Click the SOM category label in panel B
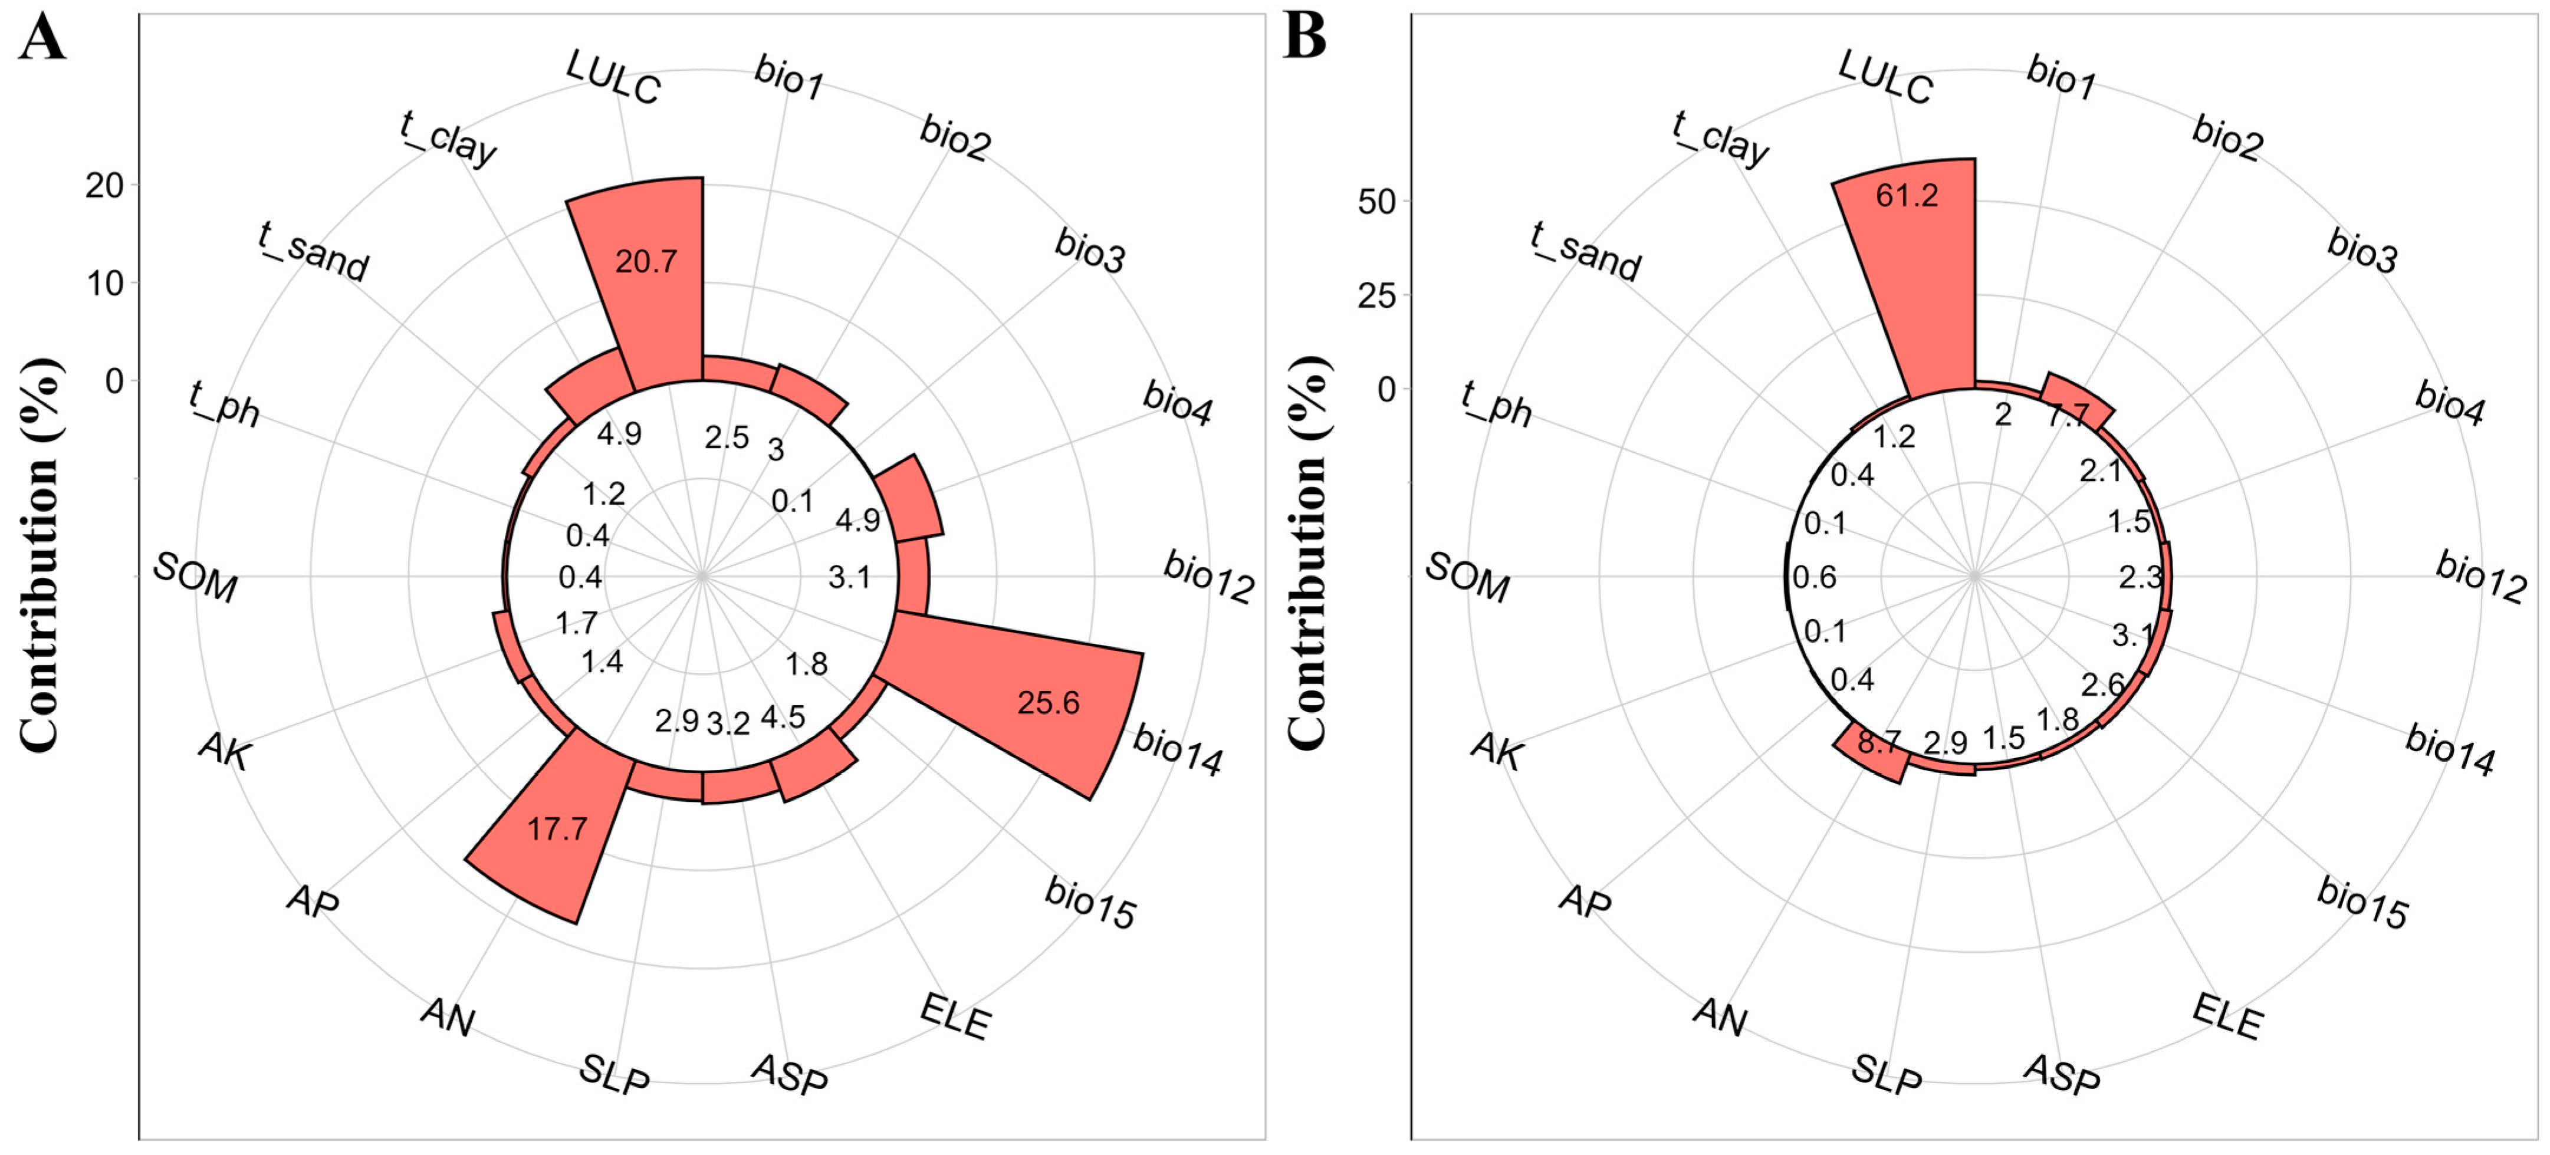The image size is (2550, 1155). point(1468,577)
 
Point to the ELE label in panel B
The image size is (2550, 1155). point(2227,1016)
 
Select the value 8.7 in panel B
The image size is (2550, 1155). point(1878,742)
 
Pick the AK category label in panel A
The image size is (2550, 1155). point(226,750)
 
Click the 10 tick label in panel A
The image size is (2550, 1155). point(104,284)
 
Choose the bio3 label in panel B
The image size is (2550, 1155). point(2362,251)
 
